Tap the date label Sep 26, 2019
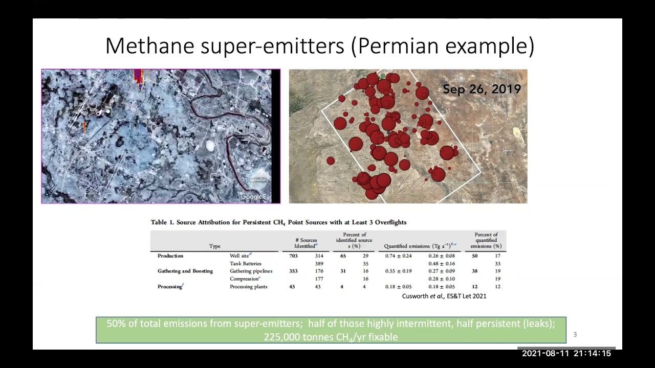click(x=482, y=89)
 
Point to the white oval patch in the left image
click(x=210, y=146)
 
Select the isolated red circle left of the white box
click(x=331, y=161)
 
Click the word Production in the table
click(x=170, y=256)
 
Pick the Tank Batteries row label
click(x=246, y=263)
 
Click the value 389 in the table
click(x=319, y=263)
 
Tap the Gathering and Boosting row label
click(x=185, y=271)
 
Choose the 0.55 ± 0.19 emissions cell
click(x=398, y=271)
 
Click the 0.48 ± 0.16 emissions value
click(x=442, y=263)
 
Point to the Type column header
click(x=215, y=246)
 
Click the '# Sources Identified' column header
click(x=306, y=243)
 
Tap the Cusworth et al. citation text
click(x=444, y=296)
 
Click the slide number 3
click(x=575, y=335)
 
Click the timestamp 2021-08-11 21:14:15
click(x=566, y=353)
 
